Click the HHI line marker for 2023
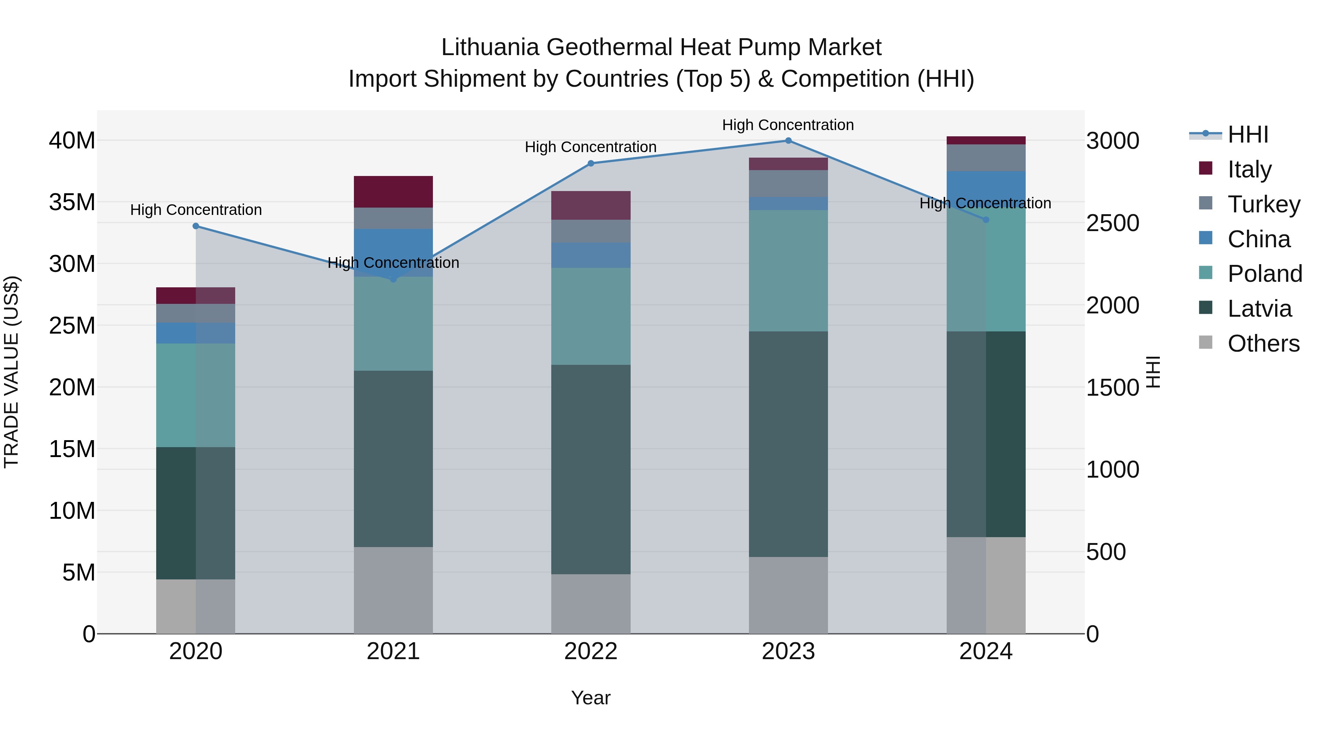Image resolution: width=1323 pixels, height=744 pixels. pyautogui.click(x=788, y=141)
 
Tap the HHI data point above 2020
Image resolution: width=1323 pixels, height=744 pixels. pyautogui.click(x=196, y=226)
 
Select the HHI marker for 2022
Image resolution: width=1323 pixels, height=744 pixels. pyautogui.click(x=591, y=163)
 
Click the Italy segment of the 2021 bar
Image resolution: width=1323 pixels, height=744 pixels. pyautogui.click(x=393, y=191)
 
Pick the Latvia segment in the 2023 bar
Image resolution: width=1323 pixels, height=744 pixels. pyautogui.click(x=788, y=444)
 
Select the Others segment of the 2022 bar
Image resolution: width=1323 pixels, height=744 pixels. pyautogui.click(x=591, y=604)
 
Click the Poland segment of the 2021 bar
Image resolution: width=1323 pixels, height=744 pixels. pyautogui.click(x=393, y=323)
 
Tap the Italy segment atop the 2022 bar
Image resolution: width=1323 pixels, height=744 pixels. pyautogui.click(x=591, y=205)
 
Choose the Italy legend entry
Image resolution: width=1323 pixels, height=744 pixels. pyautogui.click(x=1249, y=169)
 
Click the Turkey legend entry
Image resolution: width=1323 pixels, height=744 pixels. pyautogui.click(x=1263, y=204)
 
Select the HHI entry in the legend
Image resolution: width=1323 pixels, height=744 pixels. pyautogui.click(x=1248, y=134)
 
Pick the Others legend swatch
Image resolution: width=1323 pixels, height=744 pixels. pyautogui.click(x=1205, y=342)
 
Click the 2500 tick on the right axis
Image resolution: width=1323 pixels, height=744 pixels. pyautogui.click(x=1112, y=223)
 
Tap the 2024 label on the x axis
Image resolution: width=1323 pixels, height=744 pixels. pyautogui.click(x=986, y=651)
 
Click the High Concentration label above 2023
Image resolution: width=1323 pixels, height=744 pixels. pyautogui.click(x=788, y=125)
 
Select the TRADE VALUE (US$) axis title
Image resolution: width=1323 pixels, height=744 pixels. pyautogui.click(x=11, y=372)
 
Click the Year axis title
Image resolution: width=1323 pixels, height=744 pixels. pyautogui.click(x=591, y=698)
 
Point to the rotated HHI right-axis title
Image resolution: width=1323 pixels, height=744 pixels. pyautogui.click(x=1153, y=372)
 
